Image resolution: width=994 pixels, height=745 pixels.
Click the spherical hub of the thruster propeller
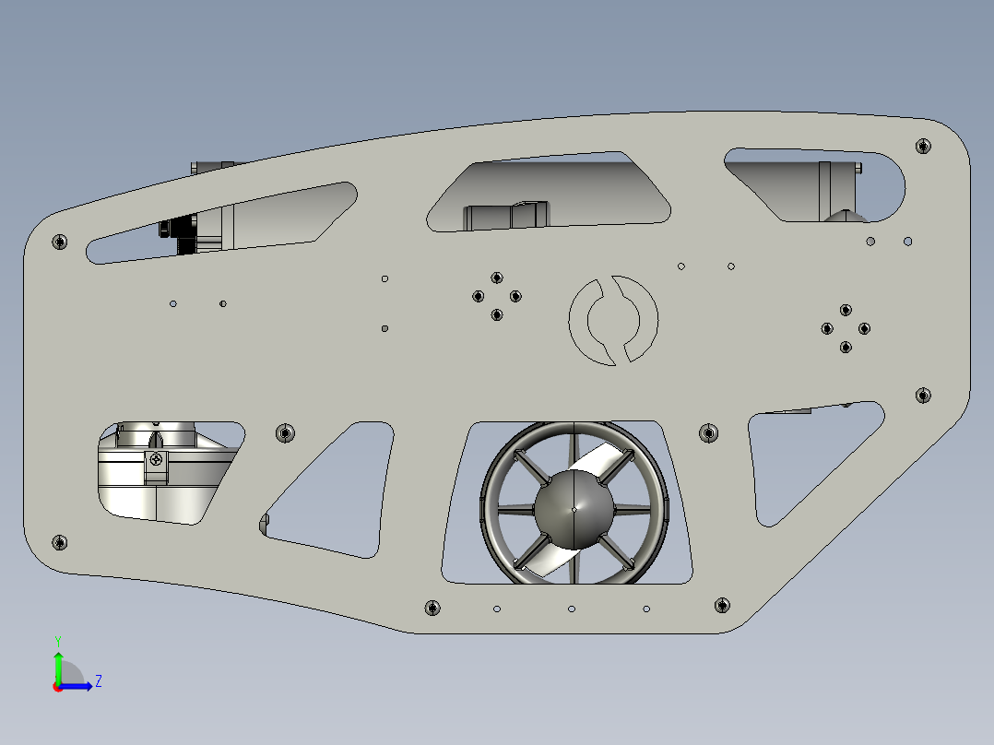573,508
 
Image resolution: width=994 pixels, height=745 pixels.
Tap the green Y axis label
57,640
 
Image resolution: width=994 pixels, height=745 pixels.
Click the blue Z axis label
98,681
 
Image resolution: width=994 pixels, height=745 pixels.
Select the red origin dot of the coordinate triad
57,687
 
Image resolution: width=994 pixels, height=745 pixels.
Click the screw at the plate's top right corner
922,146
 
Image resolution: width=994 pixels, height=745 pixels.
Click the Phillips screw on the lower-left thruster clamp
158,459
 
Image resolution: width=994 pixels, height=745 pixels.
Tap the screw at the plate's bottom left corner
60,541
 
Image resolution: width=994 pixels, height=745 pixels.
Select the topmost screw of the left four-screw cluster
497,278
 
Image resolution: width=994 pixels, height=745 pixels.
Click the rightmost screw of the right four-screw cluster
865,328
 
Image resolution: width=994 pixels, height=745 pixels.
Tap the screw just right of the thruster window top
708,432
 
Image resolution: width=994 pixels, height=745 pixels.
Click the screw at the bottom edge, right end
721,605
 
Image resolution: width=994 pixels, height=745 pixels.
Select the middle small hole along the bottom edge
572,609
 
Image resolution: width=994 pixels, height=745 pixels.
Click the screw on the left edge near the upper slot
60,242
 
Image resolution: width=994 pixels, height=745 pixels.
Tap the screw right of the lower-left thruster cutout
285,432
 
